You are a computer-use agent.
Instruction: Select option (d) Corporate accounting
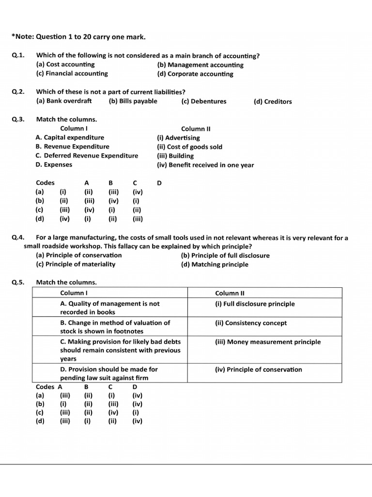(195, 74)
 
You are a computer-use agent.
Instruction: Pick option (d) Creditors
(272, 101)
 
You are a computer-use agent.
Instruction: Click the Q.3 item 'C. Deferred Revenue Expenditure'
(87, 156)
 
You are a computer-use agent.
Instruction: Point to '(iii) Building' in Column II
(175, 156)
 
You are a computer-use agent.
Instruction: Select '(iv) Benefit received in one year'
(205, 165)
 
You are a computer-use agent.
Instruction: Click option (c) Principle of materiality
(76, 264)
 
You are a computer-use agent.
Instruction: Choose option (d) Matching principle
(215, 265)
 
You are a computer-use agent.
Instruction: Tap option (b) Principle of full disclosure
(225, 255)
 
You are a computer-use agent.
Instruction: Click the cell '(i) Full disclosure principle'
(255, 304)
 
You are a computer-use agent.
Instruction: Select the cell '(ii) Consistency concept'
(251, 323)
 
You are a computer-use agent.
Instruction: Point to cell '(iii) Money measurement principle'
(268, 342)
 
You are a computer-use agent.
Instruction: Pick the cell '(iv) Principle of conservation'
(258, 369)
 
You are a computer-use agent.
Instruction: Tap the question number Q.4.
(18, 238)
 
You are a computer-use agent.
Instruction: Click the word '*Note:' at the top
(21, 37)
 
